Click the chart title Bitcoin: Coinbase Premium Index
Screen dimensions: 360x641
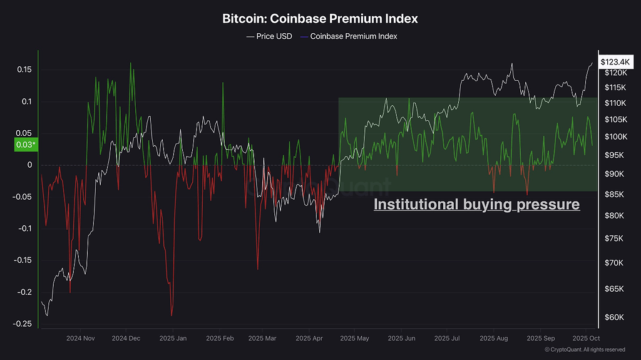[x=320, y=19]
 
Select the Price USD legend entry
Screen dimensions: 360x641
[x=269, y=36]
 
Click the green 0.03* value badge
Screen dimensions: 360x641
[x=26, y=145]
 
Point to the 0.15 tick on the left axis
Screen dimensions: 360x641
[x=24, y=69]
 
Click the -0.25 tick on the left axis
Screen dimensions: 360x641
[x=23, y=324]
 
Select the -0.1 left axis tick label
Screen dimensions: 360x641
[x=26, y=229]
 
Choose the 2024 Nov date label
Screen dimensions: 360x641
[x=80, y=339]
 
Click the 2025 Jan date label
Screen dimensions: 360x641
[x=173, y=339]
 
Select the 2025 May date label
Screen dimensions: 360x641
[x=354, y=339]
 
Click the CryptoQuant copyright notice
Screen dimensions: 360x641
[x=584, y=349]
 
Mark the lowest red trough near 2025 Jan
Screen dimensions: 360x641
[x=172, y=316]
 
